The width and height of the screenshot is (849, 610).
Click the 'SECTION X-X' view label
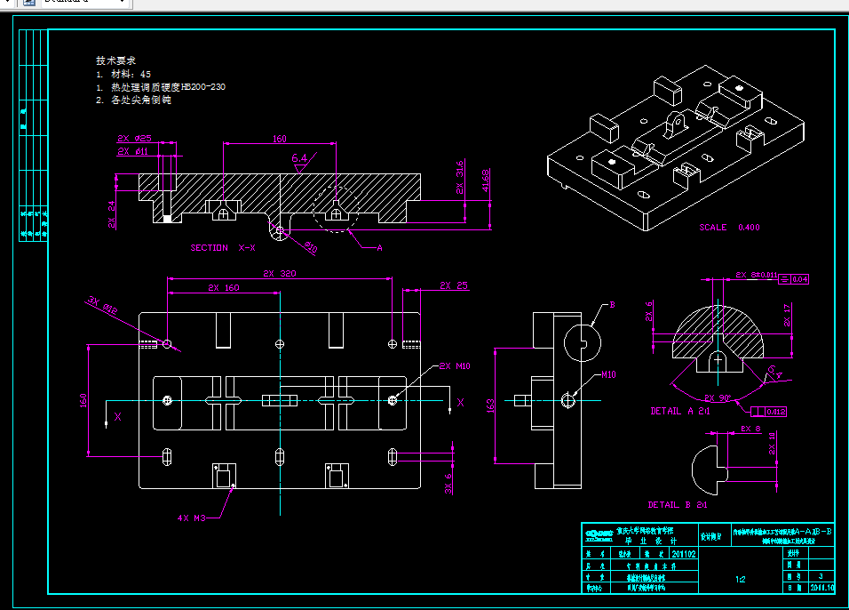point(223,247)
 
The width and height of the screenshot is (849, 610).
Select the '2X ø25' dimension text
point(134,138)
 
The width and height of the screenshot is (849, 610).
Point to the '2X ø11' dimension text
point(134,151)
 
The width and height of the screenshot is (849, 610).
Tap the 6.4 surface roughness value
point(299,158)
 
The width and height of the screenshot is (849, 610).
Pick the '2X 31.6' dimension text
point(460,177)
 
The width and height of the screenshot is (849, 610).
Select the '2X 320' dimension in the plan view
point(279,274)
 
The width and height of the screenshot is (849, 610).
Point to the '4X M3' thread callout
point(193,517)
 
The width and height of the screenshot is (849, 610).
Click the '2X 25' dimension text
point(454,285)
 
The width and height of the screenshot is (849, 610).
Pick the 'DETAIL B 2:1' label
point(678,504)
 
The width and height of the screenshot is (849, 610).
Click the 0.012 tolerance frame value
point(774,411)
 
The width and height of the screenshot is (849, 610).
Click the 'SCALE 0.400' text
point(729,228)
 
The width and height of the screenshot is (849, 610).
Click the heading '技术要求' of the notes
point(115,60)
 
